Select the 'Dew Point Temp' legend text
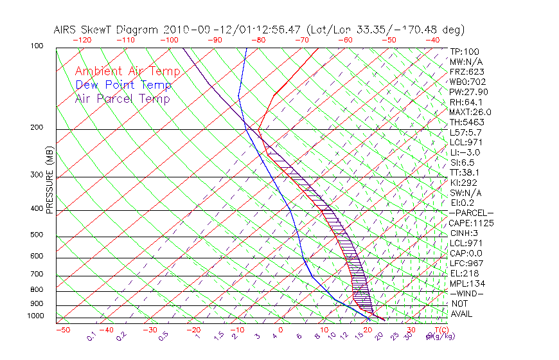123,85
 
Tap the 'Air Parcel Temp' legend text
123,98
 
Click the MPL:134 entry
466,283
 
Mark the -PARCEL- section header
471,213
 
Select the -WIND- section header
466,293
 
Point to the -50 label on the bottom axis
62,330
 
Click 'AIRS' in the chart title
66,30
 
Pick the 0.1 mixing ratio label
92,336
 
